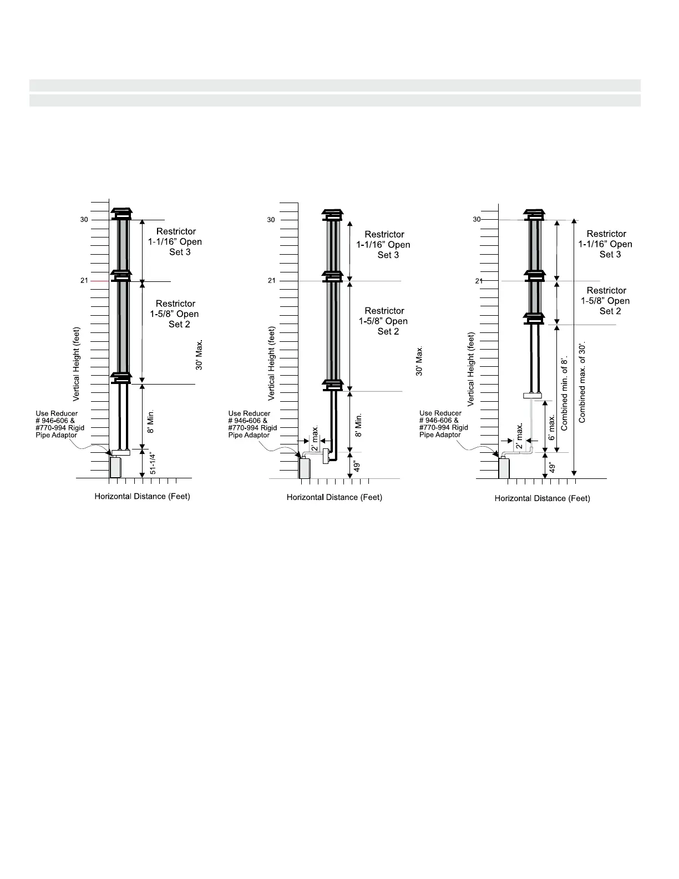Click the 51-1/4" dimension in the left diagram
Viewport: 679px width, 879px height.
pos(153,463)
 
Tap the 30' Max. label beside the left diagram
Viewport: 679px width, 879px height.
pos(199,355)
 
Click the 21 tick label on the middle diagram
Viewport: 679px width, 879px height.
pos(271,281)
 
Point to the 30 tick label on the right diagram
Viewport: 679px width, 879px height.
pos(477,220)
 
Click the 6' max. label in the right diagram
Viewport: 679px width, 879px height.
pos(551,427)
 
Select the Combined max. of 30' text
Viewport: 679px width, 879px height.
pos(582,382)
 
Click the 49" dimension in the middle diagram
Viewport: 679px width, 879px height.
pos(358,464)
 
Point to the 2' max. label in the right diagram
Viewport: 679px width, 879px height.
pos(519,436)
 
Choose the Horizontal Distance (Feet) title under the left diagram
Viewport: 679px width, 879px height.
pos(142,496)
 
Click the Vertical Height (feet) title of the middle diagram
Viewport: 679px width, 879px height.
pos(272,363)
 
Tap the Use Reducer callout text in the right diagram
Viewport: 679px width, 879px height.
pos(443,424)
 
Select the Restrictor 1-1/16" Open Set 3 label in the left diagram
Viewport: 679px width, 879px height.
pos(175,241)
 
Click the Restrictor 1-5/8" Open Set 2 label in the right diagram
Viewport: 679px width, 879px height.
pos(606,301)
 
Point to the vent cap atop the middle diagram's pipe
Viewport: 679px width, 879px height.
pos(333,214)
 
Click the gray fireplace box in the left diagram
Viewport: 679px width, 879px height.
pos(115,467)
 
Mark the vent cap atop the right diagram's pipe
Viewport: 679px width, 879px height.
pos(535,214)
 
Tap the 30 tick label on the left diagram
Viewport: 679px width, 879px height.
pos(84,220)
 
